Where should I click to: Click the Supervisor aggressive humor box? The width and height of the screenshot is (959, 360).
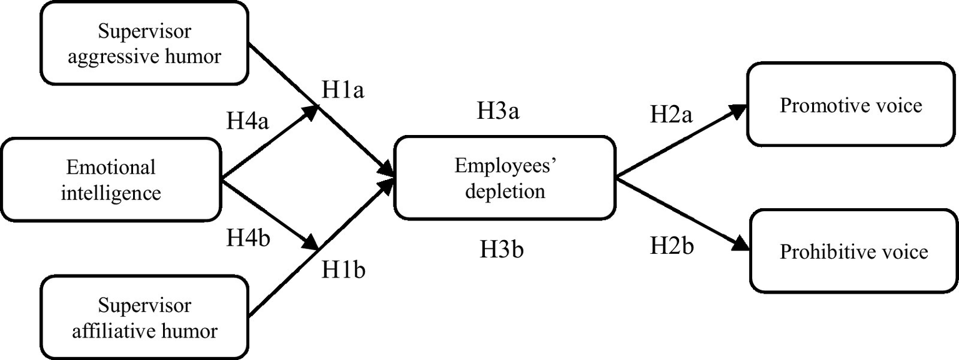click(x=144, y=42)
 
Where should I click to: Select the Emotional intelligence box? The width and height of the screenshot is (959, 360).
click(x=111, y=179)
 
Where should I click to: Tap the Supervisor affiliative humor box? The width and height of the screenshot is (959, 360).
click(x=144, y=317)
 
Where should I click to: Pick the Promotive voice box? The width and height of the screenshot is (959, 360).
click(x=850, y=104)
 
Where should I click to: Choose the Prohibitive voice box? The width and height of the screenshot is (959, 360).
click(x=853, y=251)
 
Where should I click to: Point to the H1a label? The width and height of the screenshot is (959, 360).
click(x=343, y=91)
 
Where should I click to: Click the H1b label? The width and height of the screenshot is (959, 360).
click(x=343, y=270)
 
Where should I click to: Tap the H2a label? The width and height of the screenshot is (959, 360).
click(x=671, y=115)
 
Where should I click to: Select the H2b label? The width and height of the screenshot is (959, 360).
click(x=672, y=246)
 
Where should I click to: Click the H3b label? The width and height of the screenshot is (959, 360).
click(x=501, y=250)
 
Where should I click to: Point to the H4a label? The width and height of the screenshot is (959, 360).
click(x=248, y=121)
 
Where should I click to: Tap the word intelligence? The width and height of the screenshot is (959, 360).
click(x=111, y=193)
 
